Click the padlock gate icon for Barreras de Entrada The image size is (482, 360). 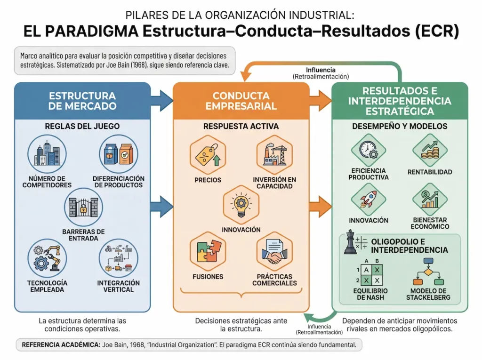(83, 207)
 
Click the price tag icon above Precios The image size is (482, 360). (208, 155)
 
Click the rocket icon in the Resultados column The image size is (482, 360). (369, 199)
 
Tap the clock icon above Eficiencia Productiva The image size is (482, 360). (369, 150)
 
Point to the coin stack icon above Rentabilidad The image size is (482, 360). (429, 150)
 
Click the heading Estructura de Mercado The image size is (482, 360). (82, 101)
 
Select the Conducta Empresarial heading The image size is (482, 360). (241, 101)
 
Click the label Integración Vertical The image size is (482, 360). (119, 286)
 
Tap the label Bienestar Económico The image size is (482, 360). (429, 223)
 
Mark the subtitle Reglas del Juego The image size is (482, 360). (82, 126)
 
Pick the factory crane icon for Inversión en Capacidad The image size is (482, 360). (274, 155)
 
